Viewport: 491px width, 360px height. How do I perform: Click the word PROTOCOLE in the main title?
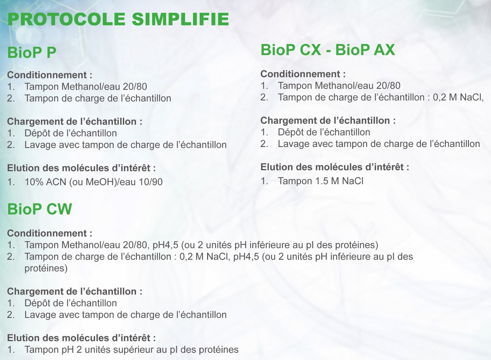(66, 19)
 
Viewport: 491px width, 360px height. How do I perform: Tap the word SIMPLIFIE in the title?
(180, 19)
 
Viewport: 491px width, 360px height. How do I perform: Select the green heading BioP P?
(32, 52)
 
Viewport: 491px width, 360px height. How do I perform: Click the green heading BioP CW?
(40, 209)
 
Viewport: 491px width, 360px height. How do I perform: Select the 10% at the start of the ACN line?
(34, 182)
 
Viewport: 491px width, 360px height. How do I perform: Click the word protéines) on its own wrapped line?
(46, 269)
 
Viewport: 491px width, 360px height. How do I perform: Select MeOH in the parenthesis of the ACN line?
(99, 182)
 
